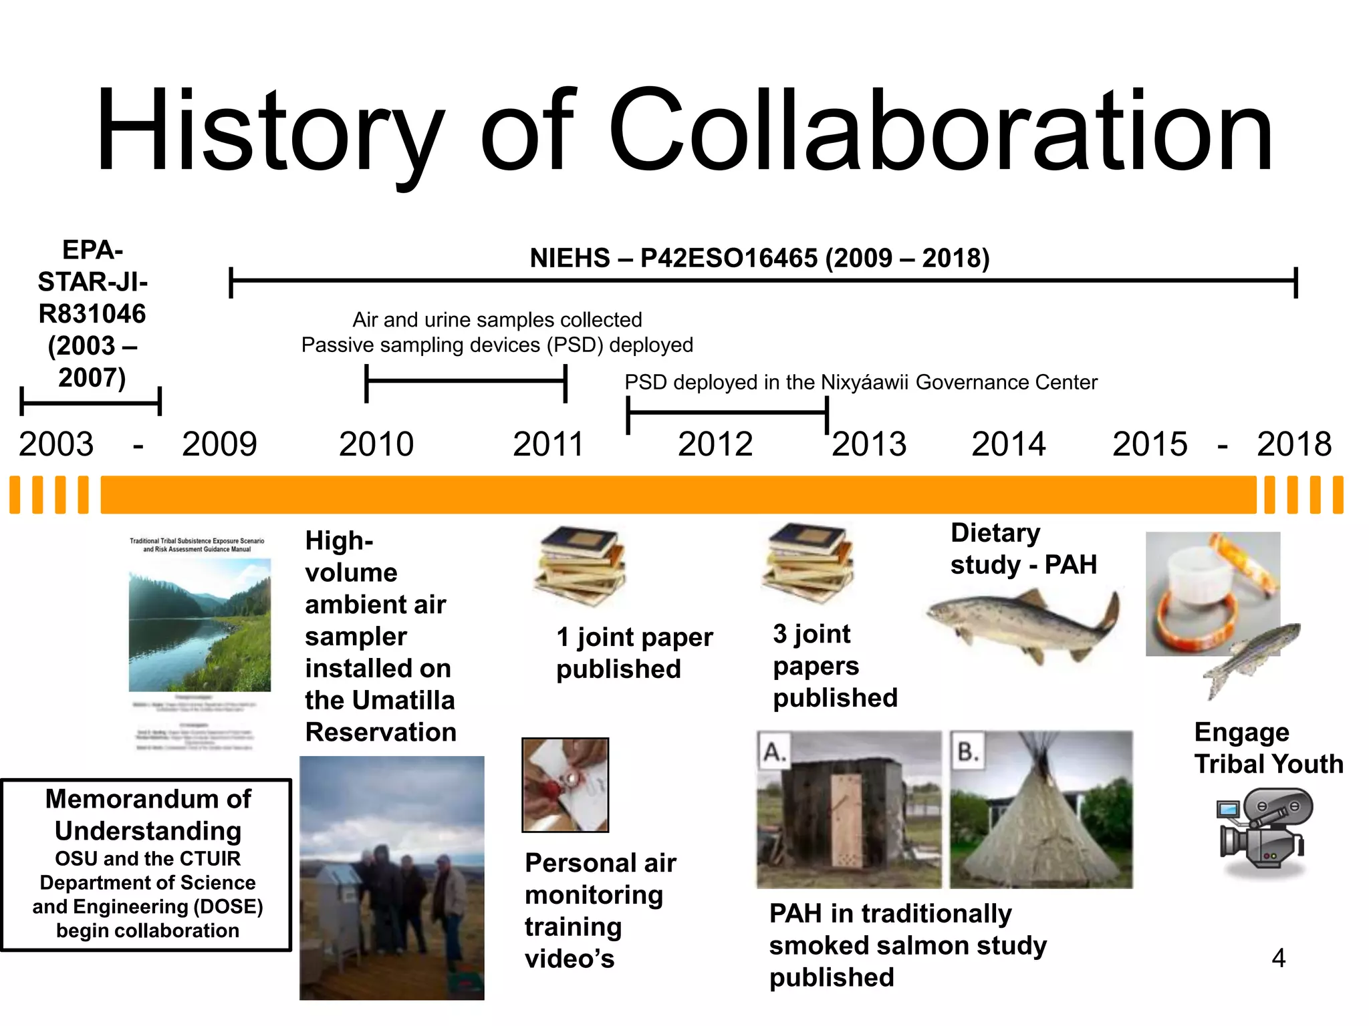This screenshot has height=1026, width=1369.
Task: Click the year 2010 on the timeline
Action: (x=376, y=444)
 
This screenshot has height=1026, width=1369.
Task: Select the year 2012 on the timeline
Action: (x=715, y=444)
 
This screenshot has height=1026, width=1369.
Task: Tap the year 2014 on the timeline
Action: (x=1008, y=444)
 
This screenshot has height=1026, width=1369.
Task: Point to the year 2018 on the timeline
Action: (x=1294, y=444)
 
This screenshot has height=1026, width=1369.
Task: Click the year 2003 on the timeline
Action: (x=56, y=444)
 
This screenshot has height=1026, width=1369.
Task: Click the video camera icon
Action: (x=1262, y=828)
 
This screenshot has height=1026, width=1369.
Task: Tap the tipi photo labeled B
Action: (x=1041, y=810)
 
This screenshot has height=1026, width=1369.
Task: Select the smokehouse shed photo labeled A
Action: (x=849, y=810)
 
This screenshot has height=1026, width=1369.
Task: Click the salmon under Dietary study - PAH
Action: (x=1023, y=625)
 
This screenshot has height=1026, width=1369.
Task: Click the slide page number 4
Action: (x=1278, y=959)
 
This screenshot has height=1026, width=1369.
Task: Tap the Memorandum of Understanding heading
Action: (x=148, y=815)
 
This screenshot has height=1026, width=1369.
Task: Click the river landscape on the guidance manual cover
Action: (x=199, y=625)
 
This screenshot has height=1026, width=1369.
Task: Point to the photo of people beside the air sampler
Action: (x=392, y=878)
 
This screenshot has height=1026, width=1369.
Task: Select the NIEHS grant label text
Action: (x=759, y=258)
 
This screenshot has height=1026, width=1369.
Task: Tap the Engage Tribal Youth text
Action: (x=1268, y=748)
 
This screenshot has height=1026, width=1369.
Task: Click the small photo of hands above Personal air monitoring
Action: (x=565, y=785)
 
